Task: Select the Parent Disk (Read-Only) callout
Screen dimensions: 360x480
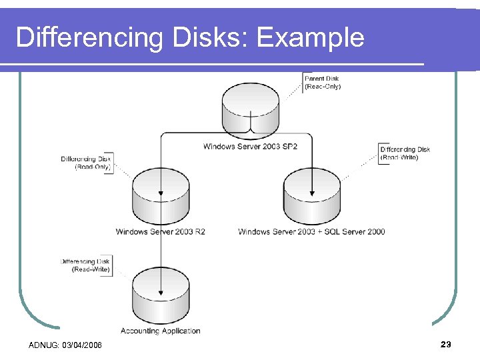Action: click(322, 83)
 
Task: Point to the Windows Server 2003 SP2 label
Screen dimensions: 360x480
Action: click(250, 147)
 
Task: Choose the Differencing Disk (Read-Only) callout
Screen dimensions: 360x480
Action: click(86, 163)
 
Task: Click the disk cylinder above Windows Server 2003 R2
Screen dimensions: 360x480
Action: click(161, 197)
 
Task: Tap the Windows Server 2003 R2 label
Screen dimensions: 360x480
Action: click(161, 232)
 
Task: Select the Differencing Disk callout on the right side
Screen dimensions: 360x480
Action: click(405, 153)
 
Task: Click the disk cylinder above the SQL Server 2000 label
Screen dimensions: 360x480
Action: click(311, 197)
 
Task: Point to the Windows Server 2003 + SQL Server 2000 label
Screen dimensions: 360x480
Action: click(311, 232)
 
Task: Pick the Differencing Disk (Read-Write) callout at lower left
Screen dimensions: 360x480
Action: click(85, 265)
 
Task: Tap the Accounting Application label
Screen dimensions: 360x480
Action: click(161, 331)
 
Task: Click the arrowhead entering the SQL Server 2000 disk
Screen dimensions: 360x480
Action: click(311, 195)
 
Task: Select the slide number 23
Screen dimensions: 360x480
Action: click(446, 344)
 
